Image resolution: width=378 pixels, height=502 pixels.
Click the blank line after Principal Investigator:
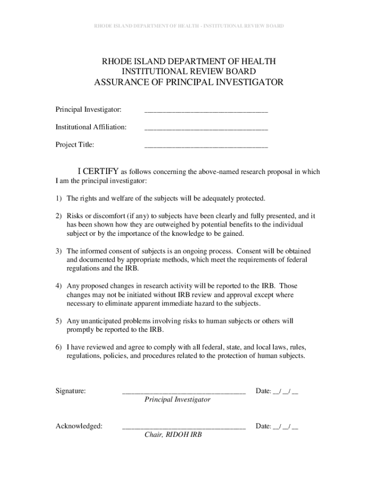[x=206, y=111]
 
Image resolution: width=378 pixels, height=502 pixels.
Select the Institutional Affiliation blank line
[x=206, y=128]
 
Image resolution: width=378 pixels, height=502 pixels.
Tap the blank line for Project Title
[x=206, y=146]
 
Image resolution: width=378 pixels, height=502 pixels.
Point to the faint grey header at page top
[x=189, y=25]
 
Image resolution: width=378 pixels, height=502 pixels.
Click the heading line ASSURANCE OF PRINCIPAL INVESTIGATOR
[x=189, y=82]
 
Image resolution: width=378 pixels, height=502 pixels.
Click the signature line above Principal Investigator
[x=184, y=392]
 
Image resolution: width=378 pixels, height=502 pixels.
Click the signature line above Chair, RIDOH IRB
[x=184, y=427]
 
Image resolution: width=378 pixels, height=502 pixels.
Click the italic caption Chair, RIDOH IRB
[x=173, y=435]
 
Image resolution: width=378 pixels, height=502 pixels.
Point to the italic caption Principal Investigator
[x=177, y=400]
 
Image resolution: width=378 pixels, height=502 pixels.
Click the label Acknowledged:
[x=79, y=426]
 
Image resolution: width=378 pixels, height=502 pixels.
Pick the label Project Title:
[x=75, y=145]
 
